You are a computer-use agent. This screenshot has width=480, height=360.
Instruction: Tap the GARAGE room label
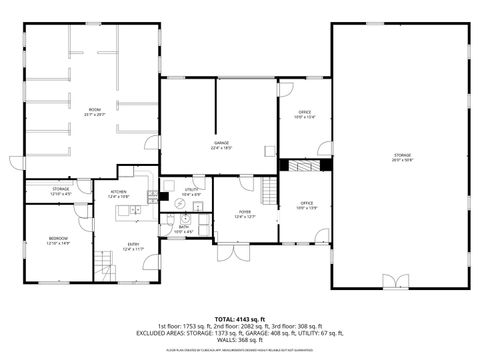coord(221,146)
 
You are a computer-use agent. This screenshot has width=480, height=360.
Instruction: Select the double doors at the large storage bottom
coord(388,281)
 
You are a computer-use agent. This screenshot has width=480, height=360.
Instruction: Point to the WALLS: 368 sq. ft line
coord(240,339)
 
